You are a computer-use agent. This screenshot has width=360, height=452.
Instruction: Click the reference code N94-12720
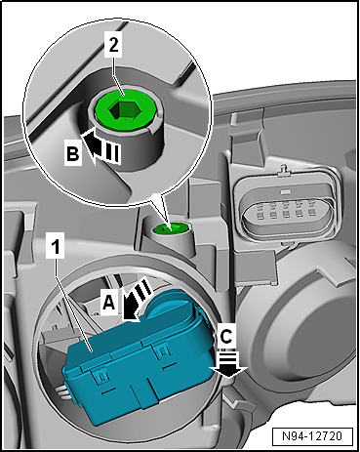(x=313, y=430)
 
